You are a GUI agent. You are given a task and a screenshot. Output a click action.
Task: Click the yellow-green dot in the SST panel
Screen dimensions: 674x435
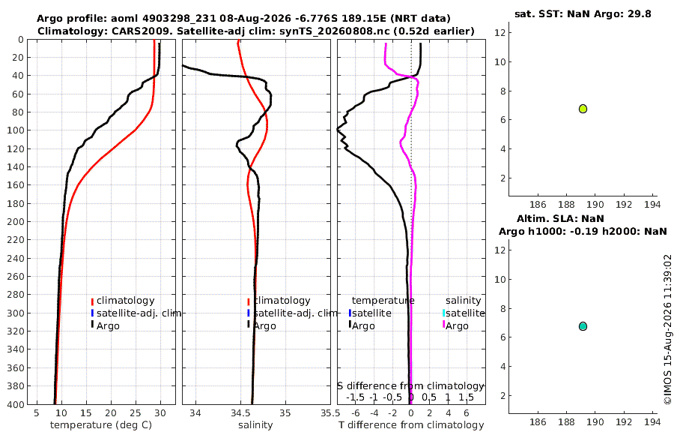583,109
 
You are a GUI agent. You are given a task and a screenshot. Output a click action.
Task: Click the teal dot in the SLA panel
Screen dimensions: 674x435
583,326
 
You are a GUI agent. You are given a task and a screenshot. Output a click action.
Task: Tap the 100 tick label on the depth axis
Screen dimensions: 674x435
16,130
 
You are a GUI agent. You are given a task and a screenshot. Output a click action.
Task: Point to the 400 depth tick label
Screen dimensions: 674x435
16,404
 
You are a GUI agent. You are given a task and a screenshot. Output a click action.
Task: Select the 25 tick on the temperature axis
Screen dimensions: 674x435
136,413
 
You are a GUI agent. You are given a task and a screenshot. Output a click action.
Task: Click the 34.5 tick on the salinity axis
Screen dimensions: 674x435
240,413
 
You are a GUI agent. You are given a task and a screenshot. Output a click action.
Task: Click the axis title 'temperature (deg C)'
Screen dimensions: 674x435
101,425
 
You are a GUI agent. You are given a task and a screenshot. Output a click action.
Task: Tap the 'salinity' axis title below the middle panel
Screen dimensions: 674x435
255,425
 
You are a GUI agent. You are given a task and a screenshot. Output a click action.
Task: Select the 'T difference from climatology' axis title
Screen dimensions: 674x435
411,425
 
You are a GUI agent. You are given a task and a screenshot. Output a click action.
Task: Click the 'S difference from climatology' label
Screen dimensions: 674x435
410,386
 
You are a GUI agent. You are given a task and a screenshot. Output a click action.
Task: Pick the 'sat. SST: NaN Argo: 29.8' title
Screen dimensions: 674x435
583,13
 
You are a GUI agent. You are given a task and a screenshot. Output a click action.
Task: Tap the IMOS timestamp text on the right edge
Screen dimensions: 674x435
667,329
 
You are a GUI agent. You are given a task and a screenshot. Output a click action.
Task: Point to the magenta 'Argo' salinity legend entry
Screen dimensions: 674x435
455,325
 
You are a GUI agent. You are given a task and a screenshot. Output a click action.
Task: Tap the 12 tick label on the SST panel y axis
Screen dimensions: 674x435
500,32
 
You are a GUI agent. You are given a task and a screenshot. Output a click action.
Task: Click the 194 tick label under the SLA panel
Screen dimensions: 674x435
652,422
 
